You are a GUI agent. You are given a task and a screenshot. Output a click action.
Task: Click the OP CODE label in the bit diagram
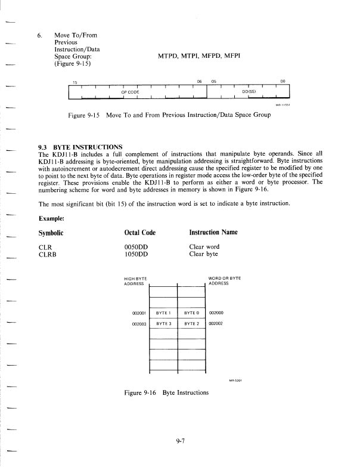[x=130, y=92]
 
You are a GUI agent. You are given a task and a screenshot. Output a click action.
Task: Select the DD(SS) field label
[x=249, y=92]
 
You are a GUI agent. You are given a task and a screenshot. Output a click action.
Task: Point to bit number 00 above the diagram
[x=283, y=82]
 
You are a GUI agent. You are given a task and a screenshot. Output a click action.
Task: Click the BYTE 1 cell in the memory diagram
[x=163, y=312]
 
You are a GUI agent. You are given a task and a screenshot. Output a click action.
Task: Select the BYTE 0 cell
[x=191, y=312]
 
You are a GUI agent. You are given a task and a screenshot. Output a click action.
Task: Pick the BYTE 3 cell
[x=163, y=323]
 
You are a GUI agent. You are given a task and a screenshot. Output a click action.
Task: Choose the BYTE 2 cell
[x=191, y=323]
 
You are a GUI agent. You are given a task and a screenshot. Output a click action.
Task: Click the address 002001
[x=139, y=312]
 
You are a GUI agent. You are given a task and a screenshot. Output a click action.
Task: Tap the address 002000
[x=216, y=312]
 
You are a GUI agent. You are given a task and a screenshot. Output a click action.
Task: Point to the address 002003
[x=139, y=323]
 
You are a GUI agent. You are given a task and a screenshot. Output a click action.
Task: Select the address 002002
[x=216, y=323]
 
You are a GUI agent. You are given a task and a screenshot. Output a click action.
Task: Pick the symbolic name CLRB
[x=48, y=253]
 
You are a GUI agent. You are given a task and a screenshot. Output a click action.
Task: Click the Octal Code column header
[x=139, y=232]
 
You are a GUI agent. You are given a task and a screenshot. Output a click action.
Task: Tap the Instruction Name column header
[x=213, y=232]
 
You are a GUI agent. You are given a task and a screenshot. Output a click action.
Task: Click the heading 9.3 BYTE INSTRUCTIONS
[x=80, y=147]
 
